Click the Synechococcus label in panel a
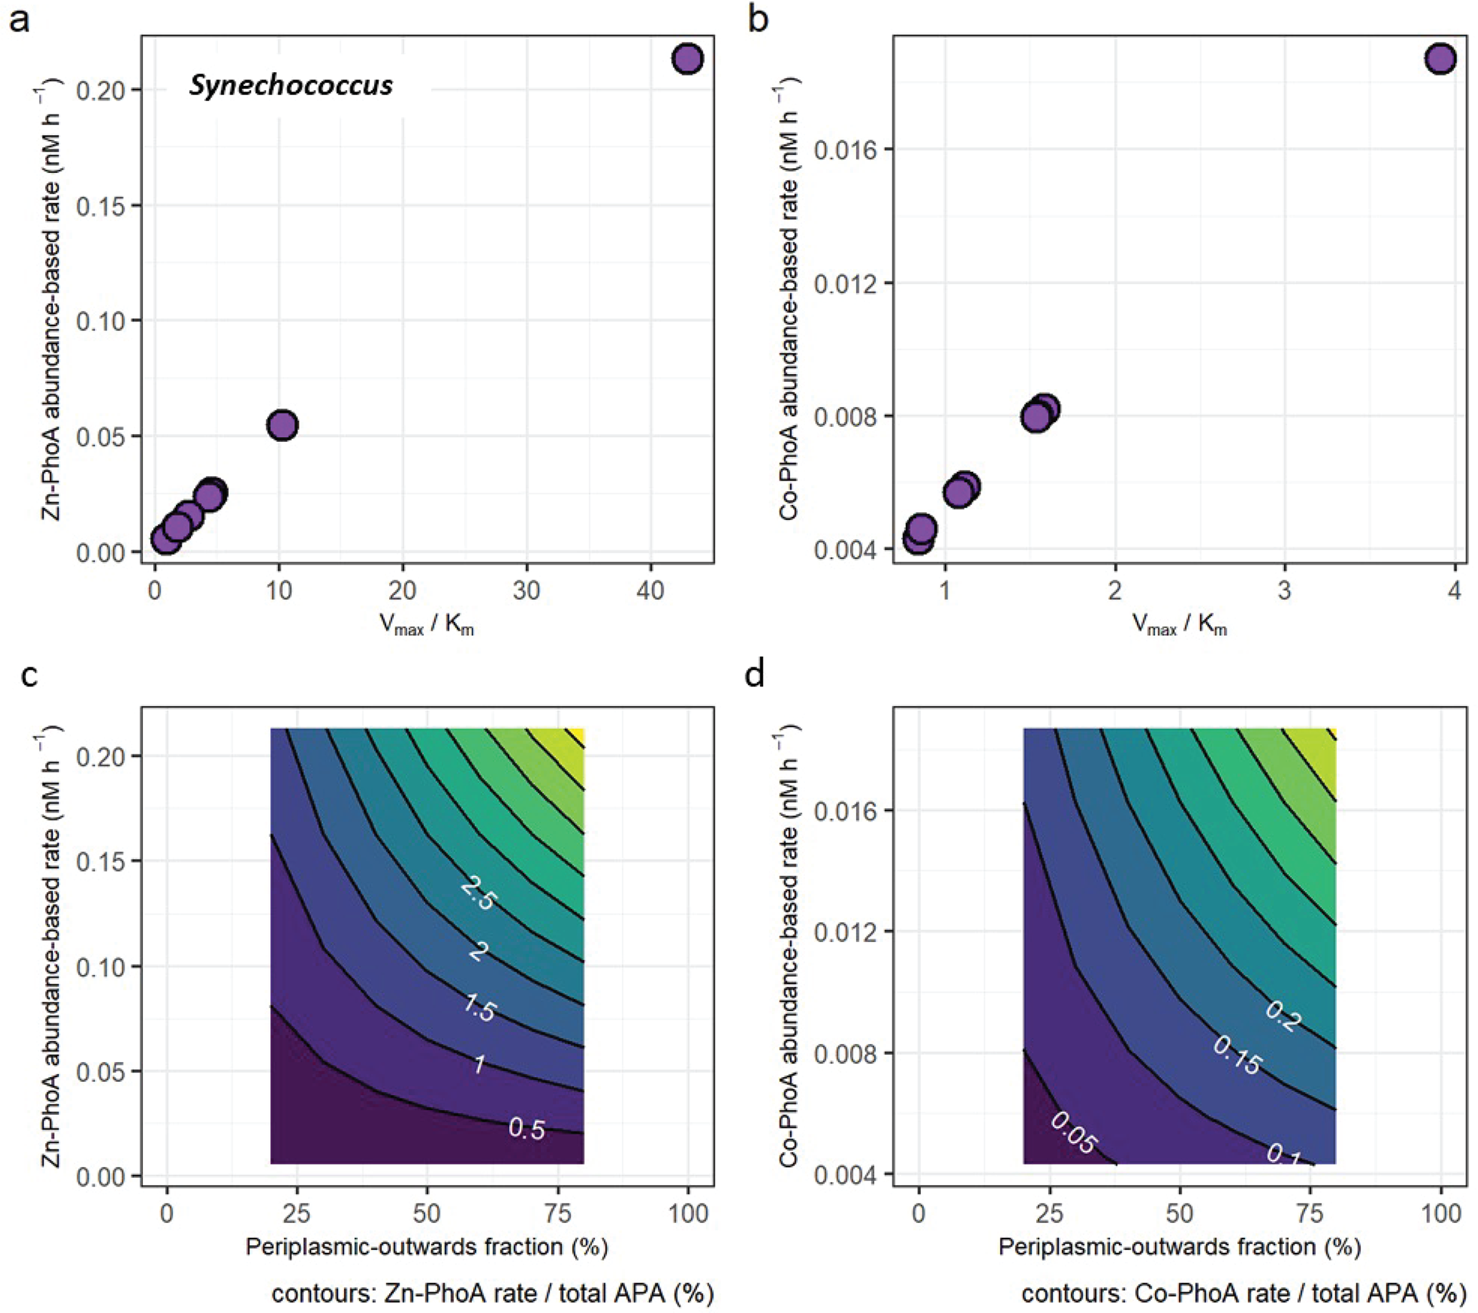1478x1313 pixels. coord(291,86)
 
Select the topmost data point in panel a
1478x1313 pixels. coord(687,59)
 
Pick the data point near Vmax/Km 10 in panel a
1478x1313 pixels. coord(282,425)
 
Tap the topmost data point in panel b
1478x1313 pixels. coord(1439,59)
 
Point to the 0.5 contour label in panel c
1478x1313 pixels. coord(526,1128)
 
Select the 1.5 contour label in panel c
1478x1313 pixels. coord(479,1008)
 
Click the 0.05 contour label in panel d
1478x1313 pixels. coord(1074,1133)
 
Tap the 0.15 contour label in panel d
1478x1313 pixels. coord(1237,1055)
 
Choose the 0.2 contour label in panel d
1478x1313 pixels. coord(1284,1015)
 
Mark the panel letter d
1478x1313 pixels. coord(755,676)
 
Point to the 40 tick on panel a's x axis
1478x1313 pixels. coord(650,591)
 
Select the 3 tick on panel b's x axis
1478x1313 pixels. coord(1284,591)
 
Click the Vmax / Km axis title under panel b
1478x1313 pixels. coord(1179,625)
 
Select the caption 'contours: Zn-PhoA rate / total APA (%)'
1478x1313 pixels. coord(493,1294)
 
